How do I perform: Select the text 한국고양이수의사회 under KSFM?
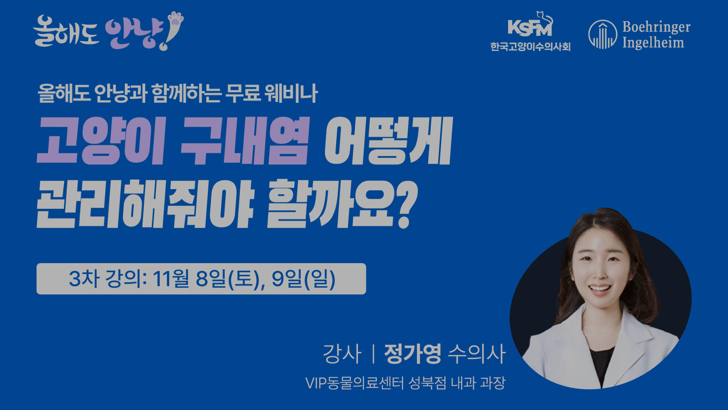pos(530,47)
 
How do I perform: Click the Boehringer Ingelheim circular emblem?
pos(602,35)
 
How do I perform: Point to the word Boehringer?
pos(656,27)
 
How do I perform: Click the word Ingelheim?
pos(653,43)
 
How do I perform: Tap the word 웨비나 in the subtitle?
pos(291,93)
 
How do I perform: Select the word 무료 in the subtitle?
pos(243,93)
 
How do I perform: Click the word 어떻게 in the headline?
pos(389,141)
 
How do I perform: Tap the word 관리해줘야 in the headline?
pos(145,204)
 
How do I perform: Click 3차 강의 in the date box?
pos(105,279)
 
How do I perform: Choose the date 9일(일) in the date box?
pos(304,279)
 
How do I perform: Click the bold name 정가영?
pos(413,354)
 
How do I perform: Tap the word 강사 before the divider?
pos(342,354)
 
